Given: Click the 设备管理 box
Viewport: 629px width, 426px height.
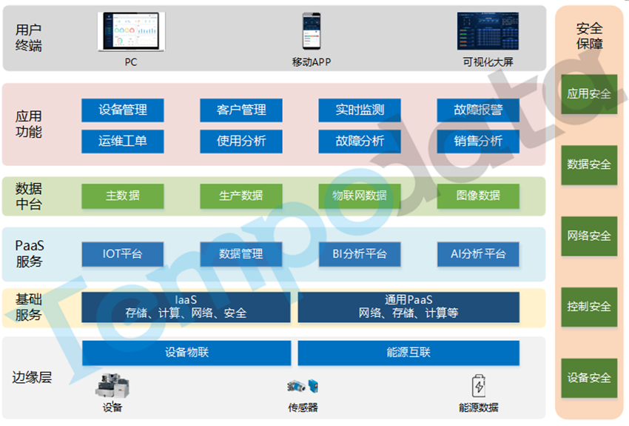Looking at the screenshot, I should coord(122,110).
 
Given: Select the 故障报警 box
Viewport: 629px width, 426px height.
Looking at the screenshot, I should coord(478,110).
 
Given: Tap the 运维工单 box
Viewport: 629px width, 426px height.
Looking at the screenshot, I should coord(122,141).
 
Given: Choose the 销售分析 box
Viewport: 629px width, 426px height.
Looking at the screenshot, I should coord(478,141).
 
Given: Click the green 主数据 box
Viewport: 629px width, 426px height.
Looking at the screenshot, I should coord(122,196).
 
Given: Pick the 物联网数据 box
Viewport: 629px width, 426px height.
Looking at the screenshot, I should coord(360,196).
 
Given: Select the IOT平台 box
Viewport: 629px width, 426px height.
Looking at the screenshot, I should coord(122,254).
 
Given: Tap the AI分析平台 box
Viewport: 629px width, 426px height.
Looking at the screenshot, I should coord(478,254).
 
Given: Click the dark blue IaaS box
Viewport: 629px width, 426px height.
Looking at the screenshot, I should coord(186,307).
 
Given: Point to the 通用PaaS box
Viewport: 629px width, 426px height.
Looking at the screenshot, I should coord(408,307).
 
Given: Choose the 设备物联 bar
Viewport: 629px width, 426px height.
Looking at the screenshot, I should coord(186,353).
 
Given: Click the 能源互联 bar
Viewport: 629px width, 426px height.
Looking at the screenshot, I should coord(408,353).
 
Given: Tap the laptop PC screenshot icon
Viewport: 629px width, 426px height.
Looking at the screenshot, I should coord(131,31).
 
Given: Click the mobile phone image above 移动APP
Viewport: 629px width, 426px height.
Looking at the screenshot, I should coord(311,31).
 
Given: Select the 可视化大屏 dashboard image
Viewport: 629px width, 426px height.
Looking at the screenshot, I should coord(488,31).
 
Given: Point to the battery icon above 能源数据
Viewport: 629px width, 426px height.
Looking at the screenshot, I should coord(479,386).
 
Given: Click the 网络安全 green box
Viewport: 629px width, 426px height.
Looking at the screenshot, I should coord(589,236).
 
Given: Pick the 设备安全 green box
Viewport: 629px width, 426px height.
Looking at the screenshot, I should coord(589,378).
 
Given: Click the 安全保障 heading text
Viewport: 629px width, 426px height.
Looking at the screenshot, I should coord(589,36).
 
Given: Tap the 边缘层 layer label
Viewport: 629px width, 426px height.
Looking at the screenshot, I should coord(33,378).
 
